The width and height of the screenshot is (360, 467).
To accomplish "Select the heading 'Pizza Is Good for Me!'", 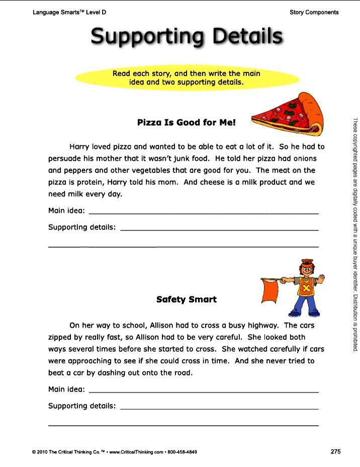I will (x=187, y=122).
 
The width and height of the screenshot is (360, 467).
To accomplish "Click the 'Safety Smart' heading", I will (x=187, y=299).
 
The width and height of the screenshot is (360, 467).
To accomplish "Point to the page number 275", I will (x=336, y=451).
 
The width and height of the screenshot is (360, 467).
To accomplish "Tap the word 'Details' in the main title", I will (x=247, y=36).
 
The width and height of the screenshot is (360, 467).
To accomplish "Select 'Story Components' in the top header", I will (x=314, y=12).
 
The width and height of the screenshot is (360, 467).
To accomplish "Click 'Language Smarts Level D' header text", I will (x=69, y=12).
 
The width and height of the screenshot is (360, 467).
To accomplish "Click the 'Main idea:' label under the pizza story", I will (x=66, y=210).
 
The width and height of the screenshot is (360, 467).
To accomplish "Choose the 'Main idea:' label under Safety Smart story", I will (x=66, y=389).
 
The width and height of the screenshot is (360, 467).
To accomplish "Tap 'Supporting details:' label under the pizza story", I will (x=82, y=227).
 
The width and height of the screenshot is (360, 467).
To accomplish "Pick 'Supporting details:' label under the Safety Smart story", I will (x=82, y=406).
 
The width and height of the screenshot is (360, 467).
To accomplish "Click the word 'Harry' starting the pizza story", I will (x=79, y=147).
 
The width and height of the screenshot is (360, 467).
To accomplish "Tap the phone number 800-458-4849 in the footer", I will (x=183, y=452).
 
